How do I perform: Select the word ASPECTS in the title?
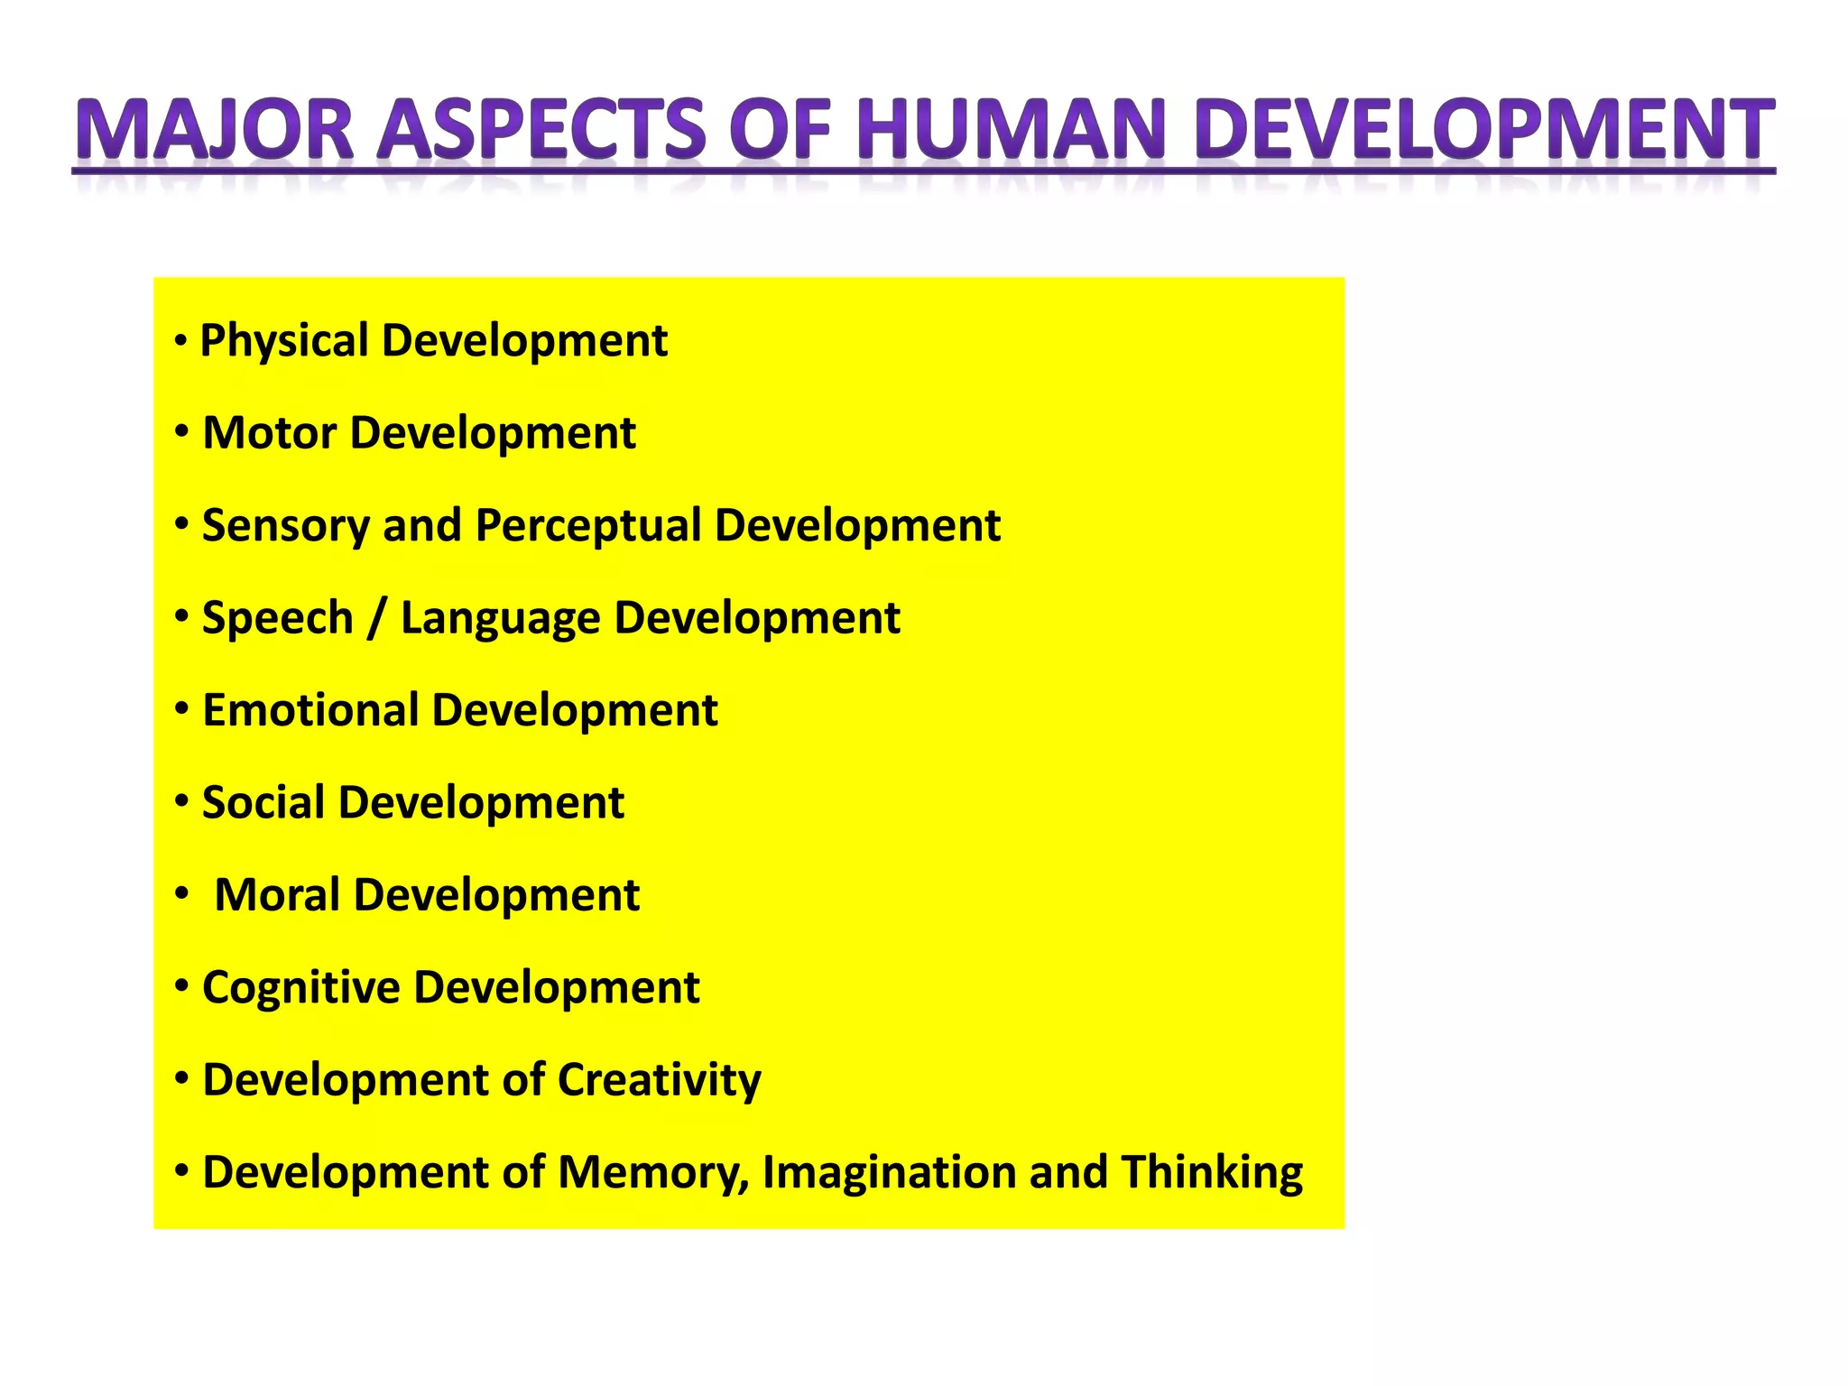[x=541, y=130]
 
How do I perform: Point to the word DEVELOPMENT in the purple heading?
[x=1485, y=130]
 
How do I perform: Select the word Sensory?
[x=285, y=526]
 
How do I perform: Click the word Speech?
[x=277, y=619]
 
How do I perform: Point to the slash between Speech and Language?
[x=376, y=619]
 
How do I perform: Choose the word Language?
[x=500, y=619]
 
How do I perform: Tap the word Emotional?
[x=310, y=710]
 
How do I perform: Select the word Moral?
[x=277, y=895]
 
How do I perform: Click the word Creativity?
[x=660, y=1081]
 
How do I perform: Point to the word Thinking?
[x=1212, y=1173]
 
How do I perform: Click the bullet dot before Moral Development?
[x=182, y=894]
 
